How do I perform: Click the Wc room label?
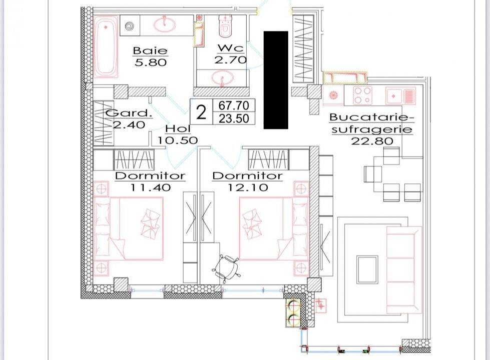coord(231,48)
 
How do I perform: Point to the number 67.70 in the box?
coord(234,105)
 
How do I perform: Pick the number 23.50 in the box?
coord(234,118)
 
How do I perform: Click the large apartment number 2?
coord(201,112)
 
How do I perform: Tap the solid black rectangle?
coord(276,80)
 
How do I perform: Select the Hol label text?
coord(178,128)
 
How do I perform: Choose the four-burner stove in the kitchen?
coord(363,95)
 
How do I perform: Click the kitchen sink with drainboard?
coord(400,95)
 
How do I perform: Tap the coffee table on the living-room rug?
coord(367,269)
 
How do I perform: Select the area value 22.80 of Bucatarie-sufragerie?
coord(372,141)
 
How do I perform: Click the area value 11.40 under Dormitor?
coord(150,187)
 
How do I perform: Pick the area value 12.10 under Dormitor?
coord(247,187)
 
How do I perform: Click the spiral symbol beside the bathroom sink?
coord(129,26)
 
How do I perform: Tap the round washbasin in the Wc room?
coord(223,77)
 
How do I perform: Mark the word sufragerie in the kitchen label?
coord(372,129)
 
